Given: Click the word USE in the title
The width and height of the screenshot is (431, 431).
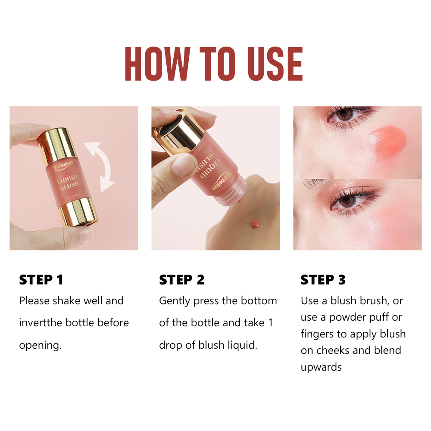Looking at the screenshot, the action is coord(275,64).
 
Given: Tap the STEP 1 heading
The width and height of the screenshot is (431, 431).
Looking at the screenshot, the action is coord(41,280).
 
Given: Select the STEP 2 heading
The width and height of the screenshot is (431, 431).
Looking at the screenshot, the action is coord(182,280).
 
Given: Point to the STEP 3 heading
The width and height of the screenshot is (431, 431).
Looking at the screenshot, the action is coord(323,280).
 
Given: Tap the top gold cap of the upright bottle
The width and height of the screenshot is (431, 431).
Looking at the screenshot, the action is coord(57,146).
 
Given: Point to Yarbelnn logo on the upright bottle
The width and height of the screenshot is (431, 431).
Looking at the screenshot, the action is coord(63,165).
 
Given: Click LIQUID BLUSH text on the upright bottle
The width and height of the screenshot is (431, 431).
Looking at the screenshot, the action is coord(68,182).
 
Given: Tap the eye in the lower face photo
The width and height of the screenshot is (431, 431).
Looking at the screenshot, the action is coord(348,201).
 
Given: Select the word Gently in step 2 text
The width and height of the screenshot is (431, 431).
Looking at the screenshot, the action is coord(175,301).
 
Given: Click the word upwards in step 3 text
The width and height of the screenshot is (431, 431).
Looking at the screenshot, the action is coord(321,368).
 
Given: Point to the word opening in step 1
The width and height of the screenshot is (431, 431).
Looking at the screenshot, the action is coord(40,346).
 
